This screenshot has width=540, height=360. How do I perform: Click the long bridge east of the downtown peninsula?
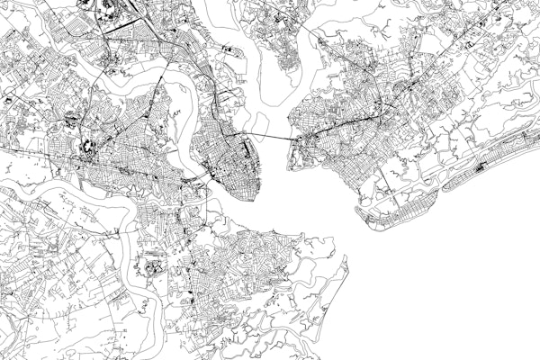click(x=270, y=137)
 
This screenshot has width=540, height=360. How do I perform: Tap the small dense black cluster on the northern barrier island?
click(x=481, y=166)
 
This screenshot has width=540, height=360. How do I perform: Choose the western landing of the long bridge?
click(x=247, y=135)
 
